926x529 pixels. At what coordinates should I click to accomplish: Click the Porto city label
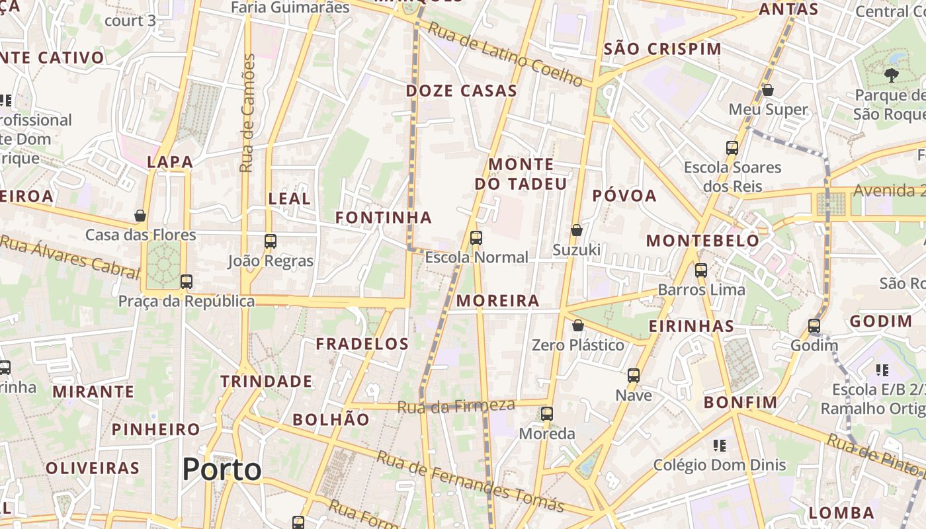pyautogui.click(x=222, y=469)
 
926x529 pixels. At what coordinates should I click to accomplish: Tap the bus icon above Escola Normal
pyautogui.click(x=476, y=238)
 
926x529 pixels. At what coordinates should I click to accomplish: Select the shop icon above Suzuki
pyautogui.click(x=577, y=230)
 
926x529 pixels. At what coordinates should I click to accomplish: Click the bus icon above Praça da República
pyautogui.click(x=187, y=282)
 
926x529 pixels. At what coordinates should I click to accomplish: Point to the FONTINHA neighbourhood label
pyautogui.click(x=383, y=218)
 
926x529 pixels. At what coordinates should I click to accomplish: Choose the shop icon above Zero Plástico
pyautogui.click(x=578, y=325)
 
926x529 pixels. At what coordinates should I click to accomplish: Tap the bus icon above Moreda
pyautogui.click(x=546, y=415)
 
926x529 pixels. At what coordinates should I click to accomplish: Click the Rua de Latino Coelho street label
pyautogui.click(x=505, y=55)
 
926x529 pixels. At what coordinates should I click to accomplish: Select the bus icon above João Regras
pyautogui.click(x=270, y=241)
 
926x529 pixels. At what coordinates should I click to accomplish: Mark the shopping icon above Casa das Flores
pyautogui.click(x=140, y=216)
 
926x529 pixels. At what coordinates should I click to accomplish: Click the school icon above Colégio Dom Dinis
pyautogui.click(x=720, y=446)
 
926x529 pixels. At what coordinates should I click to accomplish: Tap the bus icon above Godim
pyautogui.click(x=814, y=326)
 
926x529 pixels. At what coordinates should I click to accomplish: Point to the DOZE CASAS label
pyautogui.click(x=461, y=91)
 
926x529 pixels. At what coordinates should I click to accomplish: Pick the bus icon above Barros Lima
pyautogui.click(x=701, y=270)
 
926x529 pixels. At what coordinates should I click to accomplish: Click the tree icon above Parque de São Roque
pyautogui.click(x=891, y=75)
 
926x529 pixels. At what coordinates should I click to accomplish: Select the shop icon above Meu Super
pyautogui.click(x=768, y=90)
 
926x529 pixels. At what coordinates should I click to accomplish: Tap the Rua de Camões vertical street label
pyautogui.click(x=247, y=114)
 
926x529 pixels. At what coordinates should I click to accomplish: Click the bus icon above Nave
pyautogui.click(x=634, y=376)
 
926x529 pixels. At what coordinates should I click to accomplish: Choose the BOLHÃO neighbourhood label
pyautogui.click(x=331, y=419)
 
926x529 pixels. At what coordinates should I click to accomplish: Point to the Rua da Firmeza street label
pyautogui.click(x=456, y=407)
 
